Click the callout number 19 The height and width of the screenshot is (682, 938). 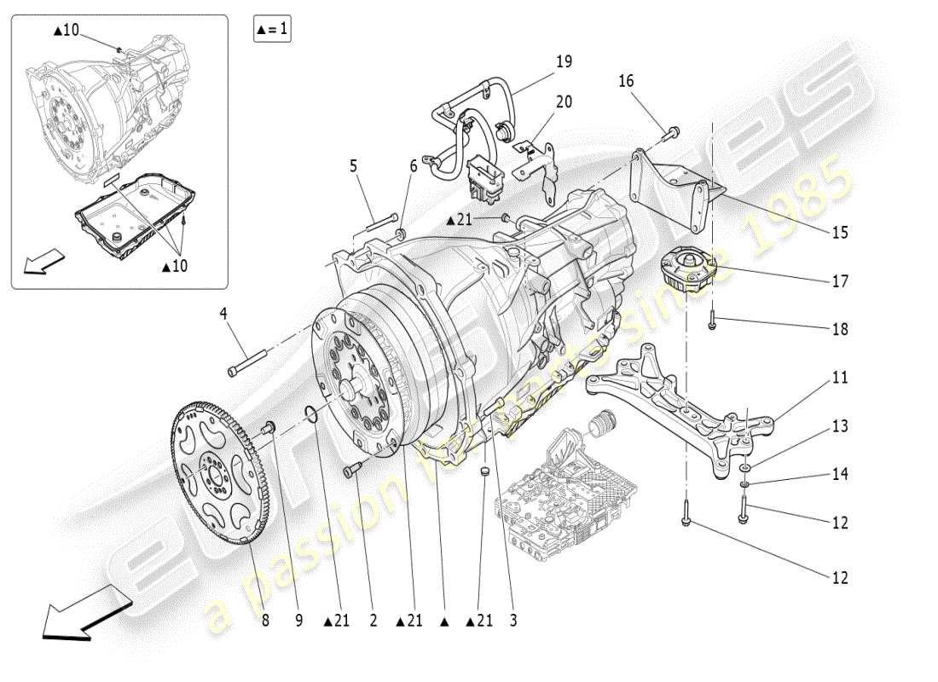(x=565, y=61)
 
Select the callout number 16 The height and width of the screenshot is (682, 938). (x=627, y=81)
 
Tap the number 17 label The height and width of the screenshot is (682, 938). (x=840, y=280)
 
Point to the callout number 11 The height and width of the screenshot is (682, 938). (x=840, y=377)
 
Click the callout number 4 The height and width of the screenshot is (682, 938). (x=223, y=314)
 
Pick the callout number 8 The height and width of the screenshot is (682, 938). (x=265, y=621)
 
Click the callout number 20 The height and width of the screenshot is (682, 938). (x=565, y=102)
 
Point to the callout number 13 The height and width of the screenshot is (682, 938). (x=840, y=425)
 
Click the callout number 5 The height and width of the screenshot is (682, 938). (x=353, y=166)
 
